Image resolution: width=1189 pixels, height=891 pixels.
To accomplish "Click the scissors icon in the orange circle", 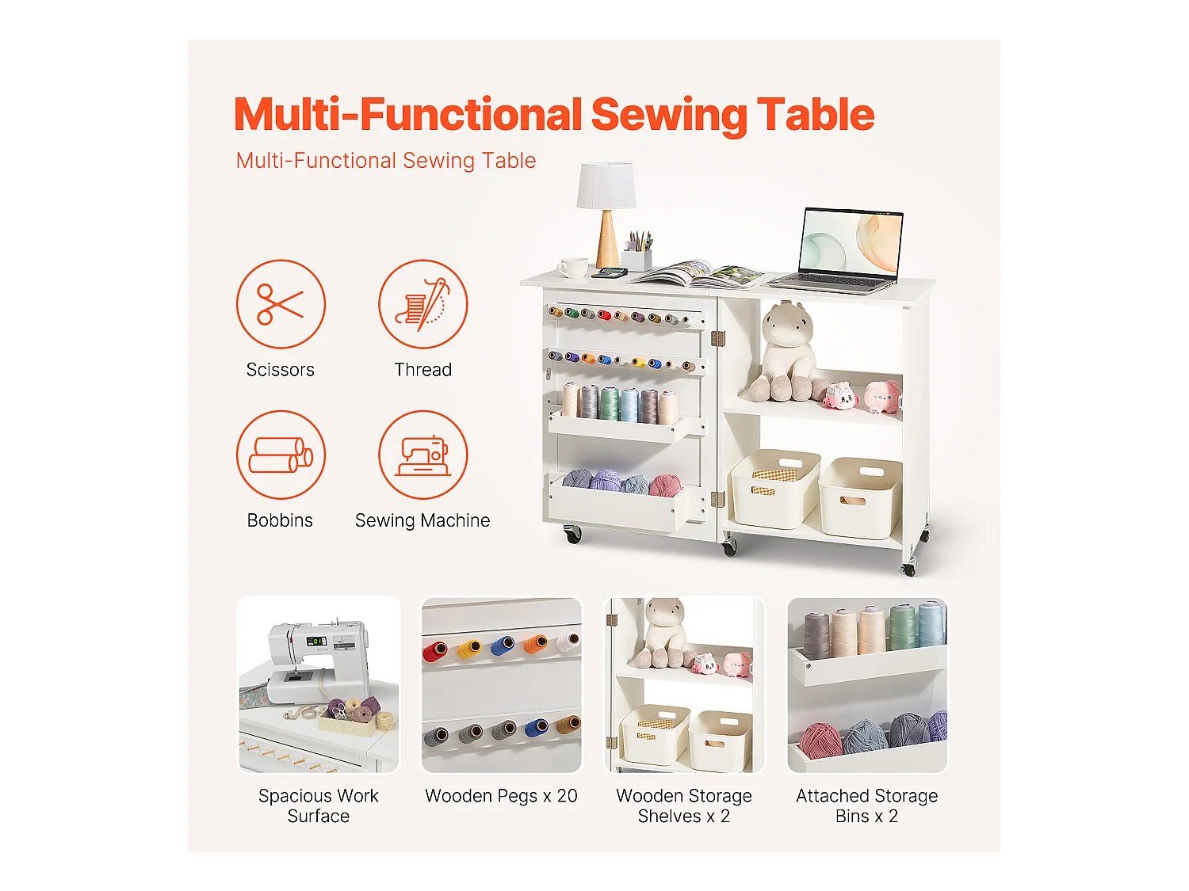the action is [280, 304].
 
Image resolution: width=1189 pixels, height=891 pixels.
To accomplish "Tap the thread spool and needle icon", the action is [422, 304].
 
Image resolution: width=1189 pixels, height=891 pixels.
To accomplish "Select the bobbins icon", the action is [280, 455].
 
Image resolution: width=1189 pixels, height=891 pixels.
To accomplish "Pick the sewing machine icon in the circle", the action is [422, 455].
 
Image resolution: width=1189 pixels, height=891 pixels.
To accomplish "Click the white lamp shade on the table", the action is [606, 185].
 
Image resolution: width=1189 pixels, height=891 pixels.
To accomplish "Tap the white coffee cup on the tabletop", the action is [572, 267].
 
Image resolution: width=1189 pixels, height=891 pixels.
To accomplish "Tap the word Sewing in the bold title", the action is [668, 115].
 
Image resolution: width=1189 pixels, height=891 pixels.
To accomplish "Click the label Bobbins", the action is [280, 520].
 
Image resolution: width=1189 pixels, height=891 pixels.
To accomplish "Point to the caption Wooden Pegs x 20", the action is [501, 795].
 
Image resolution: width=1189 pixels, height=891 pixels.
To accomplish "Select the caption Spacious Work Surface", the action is [319, 805].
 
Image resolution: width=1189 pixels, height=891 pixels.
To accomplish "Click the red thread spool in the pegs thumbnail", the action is [435, 651].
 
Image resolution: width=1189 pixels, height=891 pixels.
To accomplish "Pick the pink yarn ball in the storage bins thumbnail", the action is [820, 741].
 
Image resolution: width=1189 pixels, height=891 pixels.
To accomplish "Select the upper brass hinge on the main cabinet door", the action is [717, 339].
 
